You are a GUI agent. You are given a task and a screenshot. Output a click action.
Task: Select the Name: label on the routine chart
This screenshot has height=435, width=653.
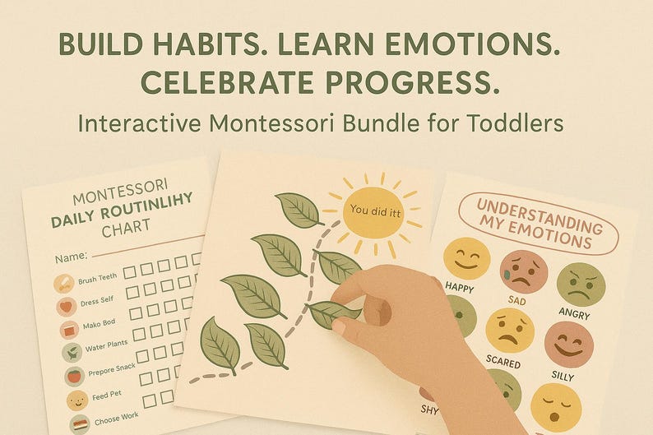pos(72,257)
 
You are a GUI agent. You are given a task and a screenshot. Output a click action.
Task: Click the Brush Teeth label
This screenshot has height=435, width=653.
pos(99,280)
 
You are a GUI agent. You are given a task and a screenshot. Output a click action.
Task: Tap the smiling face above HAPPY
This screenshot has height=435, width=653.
pos(466,258)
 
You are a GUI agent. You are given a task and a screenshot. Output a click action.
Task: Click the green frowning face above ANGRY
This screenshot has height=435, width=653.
pos(581,285)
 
